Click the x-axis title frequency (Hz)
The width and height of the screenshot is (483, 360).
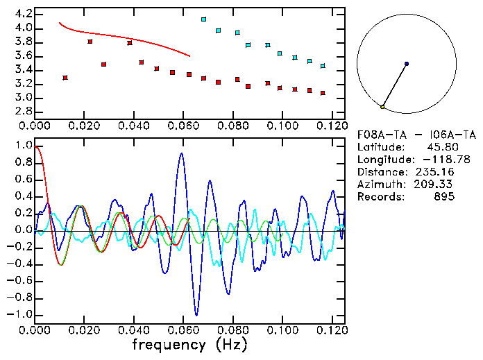(189, 343)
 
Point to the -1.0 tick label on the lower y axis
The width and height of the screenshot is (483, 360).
(20, 314)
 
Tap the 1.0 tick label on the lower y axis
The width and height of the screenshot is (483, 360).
(23, 146)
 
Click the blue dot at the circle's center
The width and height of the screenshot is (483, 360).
(407, 64)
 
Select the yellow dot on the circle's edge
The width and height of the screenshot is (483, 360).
(382, 107)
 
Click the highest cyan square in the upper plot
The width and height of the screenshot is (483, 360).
(203, 19)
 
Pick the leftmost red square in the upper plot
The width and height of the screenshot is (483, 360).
(65, 78)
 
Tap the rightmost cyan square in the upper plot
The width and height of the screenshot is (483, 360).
(323, 66)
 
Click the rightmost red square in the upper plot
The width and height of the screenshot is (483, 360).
(323, 93)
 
